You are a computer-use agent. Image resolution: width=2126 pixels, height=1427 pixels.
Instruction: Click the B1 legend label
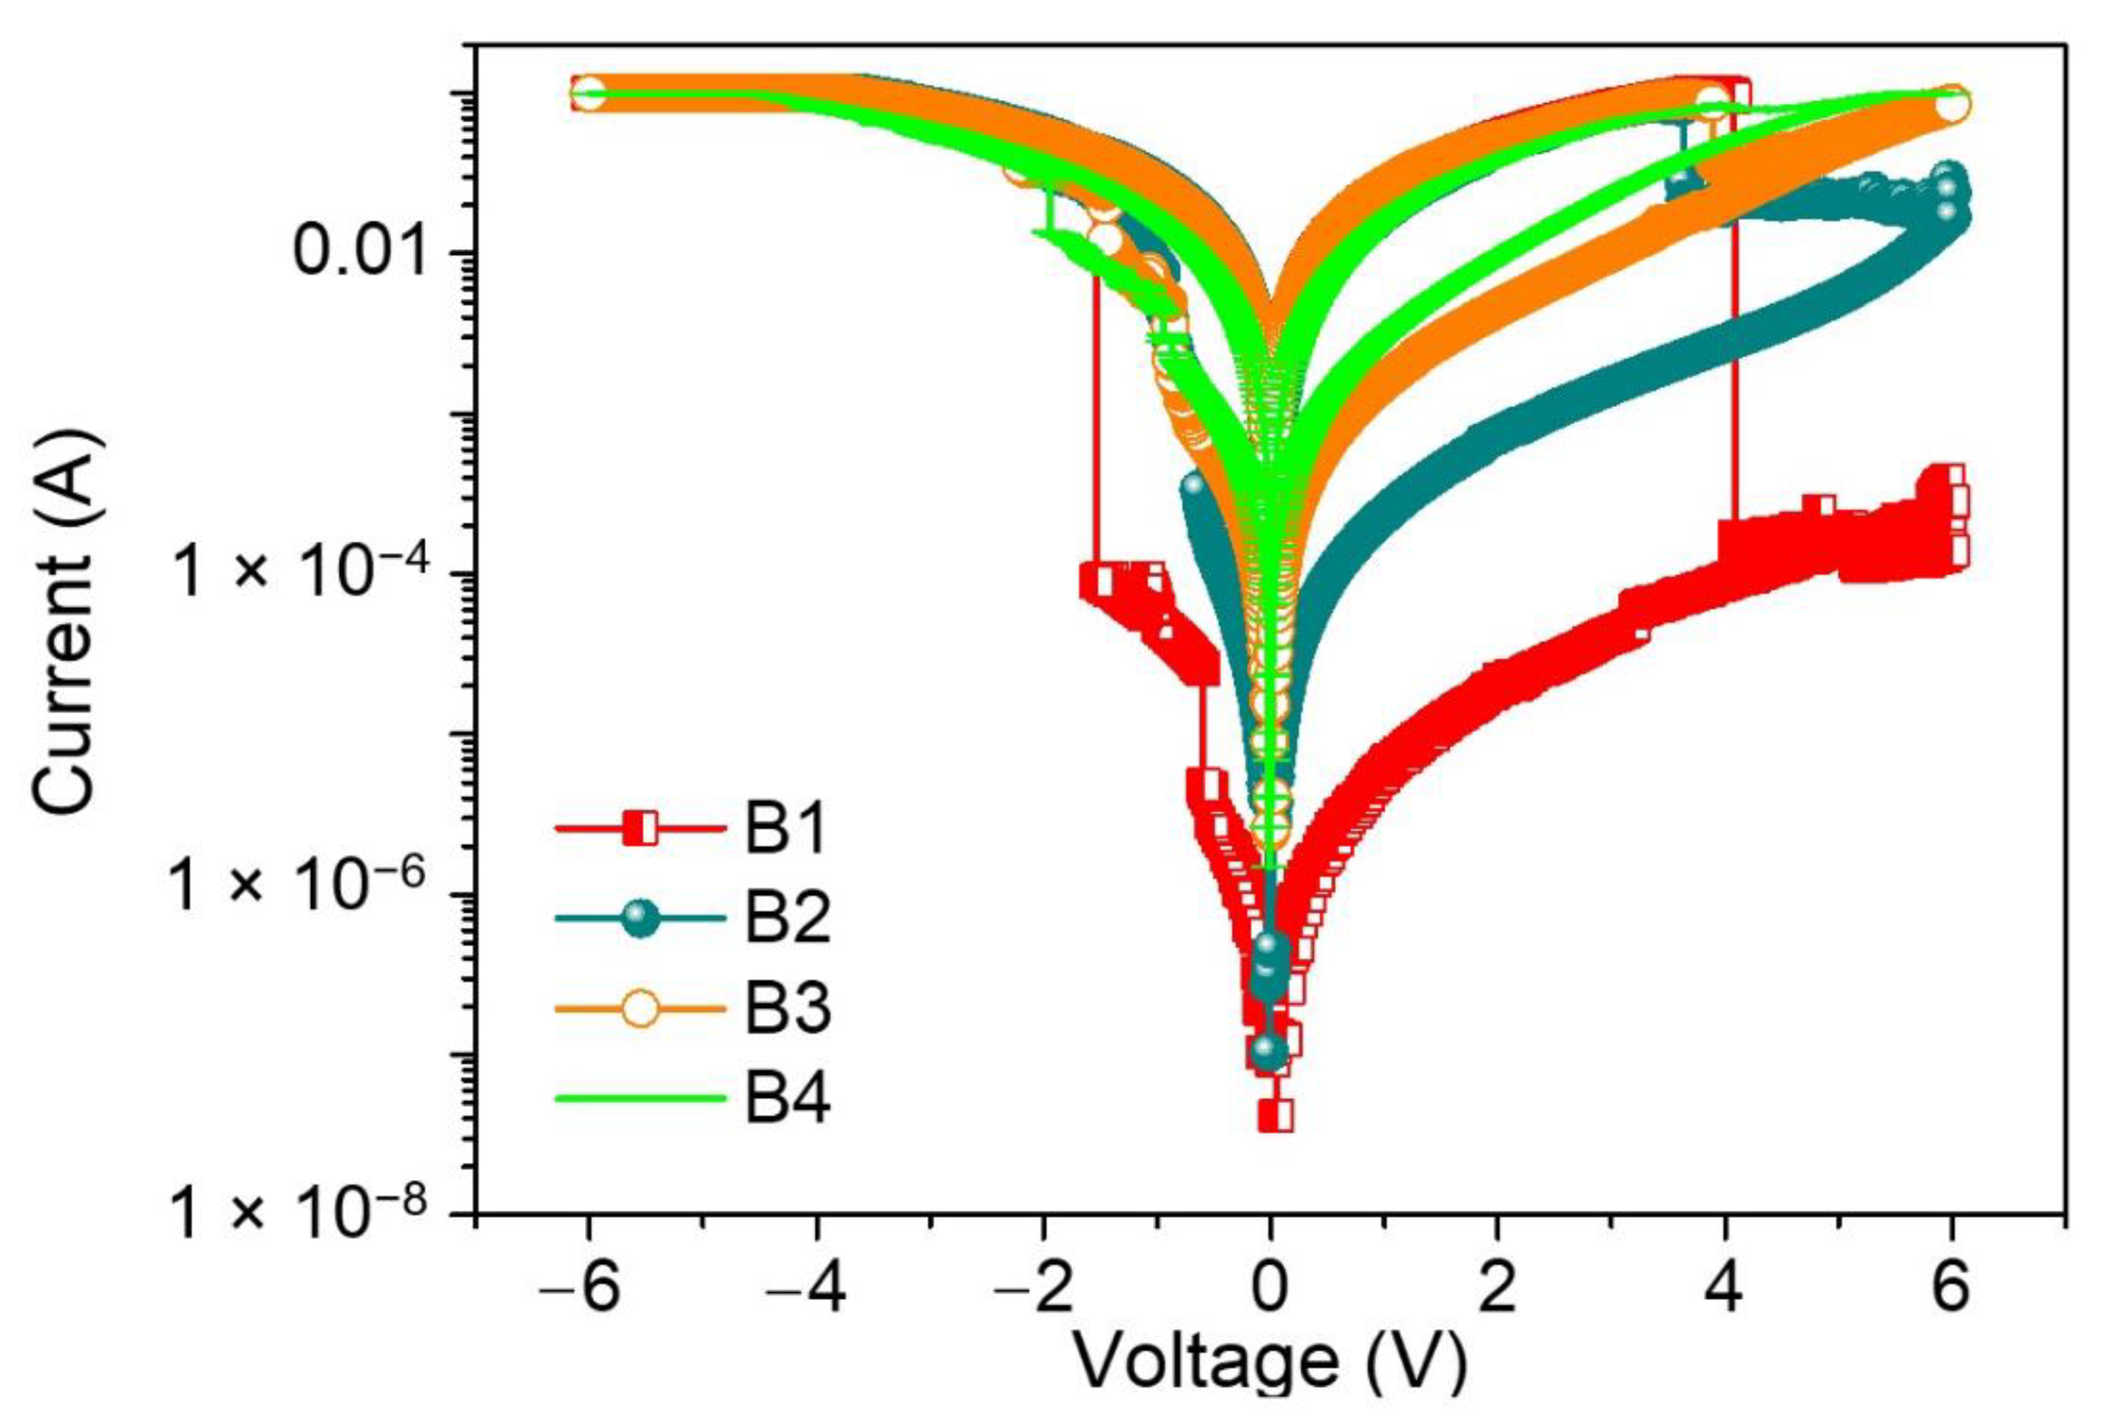(x=786, y=829)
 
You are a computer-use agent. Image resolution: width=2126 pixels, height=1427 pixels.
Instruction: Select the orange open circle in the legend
(x=641, y=1009)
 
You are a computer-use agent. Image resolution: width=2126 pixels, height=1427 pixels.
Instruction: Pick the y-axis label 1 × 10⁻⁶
(x=298, y=884)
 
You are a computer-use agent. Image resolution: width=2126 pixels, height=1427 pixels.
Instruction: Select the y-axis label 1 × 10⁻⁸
(x=298, y=1210)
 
